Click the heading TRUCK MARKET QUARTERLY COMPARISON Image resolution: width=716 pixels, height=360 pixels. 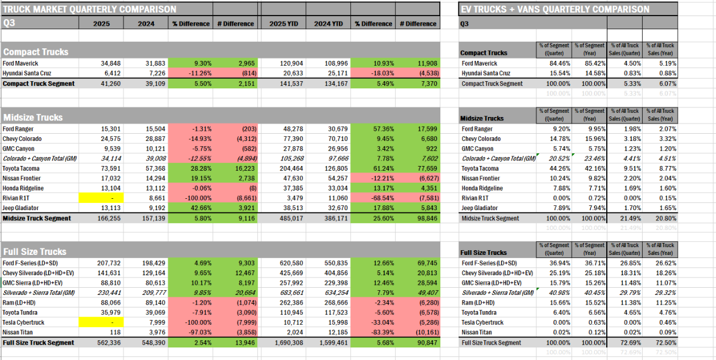click(89, 9)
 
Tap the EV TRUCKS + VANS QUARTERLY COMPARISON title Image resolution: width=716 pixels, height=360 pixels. click(555, 9)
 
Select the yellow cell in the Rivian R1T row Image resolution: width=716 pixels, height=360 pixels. click(101, 197)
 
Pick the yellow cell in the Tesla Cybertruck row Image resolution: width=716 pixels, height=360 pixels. click(101, 323)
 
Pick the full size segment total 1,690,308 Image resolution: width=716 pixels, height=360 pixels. click(283, 343)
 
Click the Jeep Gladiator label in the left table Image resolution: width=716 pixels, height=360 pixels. click(24, 208)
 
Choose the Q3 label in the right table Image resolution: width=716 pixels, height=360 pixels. click(465, 24)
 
